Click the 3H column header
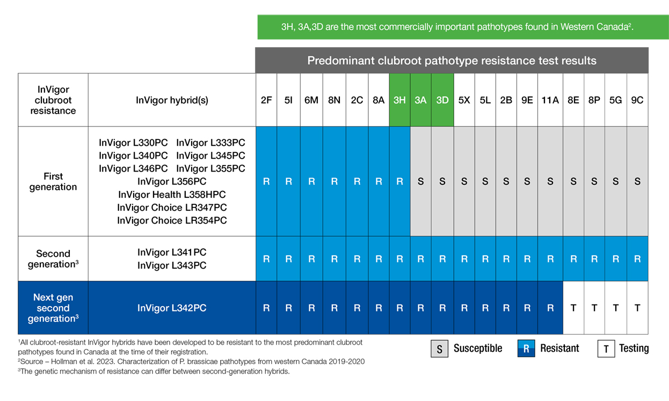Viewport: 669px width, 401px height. pyautogui.click(x=399, y=100)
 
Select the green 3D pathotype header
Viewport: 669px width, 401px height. pyautogui.click(x=442, y=100)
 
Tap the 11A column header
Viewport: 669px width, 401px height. pyautogui.click(x=550, y=100)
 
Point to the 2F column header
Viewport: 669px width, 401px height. pyautogui.click(x=266, y=100)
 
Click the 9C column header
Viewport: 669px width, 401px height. pyautogui.click(x=637, y=100)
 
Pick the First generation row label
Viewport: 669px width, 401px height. pyautogui.click(x=53, y=181)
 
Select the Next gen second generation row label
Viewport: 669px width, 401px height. pyautogui.click(x=53, y=308)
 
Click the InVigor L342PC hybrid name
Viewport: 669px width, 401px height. pyautogui.click(x=172, y=308)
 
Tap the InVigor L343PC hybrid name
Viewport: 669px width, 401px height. pyautogui.click(x=172, y=265)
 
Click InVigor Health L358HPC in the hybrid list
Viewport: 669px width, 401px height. pyautogui.click(x=172, y=195)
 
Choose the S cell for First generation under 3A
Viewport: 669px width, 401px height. pyautogui.click(x=420, y=181)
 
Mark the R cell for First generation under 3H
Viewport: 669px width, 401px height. pyautogui.click(x=399, y=181)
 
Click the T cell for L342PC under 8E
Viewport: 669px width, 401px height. pyautogui.click(x=573, y=308)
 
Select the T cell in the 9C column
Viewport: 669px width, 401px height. pyautogui.click(x=637, y=308)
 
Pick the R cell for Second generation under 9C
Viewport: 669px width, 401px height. pyautogui.click(x=637, y=259)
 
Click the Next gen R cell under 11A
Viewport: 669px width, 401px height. pyautogui.click(x=550, y=308)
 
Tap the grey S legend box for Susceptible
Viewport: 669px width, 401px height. pyautogui.click(x=439, y=348)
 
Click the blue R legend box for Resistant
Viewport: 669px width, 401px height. pyautogui.click(x=526, y=348)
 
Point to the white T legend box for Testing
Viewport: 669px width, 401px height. pyautogui.click(x=606, y=348)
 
